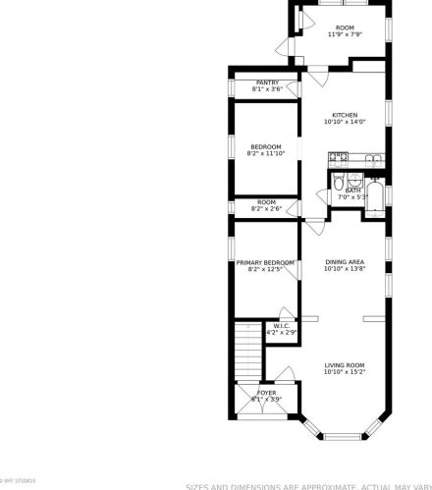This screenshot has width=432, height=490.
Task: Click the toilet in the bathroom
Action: click(x=338, y=184)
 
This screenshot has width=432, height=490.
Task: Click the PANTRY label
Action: click(x=267, y=82)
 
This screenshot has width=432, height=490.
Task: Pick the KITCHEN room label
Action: click(x=344, y=115)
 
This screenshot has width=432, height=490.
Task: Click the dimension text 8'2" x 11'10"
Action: click(x=265, y=153)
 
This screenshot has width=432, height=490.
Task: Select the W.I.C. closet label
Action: click(x=281, y=326)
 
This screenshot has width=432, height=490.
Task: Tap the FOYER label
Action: click(x=267, y=393)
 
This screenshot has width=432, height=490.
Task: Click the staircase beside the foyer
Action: click(x=247, y=351)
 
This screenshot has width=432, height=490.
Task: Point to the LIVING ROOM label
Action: click(x=345, y=366)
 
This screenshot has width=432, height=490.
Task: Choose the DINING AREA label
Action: click(x=345, y=261)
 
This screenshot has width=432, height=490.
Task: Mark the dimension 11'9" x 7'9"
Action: click(x=345, y=34)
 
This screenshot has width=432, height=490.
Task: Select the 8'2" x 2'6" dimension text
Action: click(x=265, y=209)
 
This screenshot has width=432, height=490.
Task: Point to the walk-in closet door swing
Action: click(x=269, y=333)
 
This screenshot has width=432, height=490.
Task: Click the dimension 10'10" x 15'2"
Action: click(x=345, y=373)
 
